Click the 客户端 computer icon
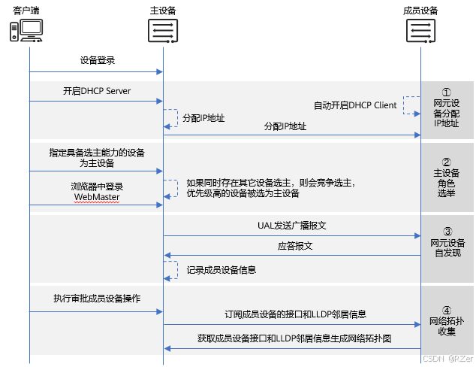[x=26, y=30]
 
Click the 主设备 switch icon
[x=163, y=31]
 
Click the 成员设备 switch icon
[x=420, y=31]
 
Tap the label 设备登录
[x=97, y=59]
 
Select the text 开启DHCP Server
[x=97, y=91]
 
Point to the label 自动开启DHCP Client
[x=355, y=105]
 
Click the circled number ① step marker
[x=447, y=91]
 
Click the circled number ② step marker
[x=447, y=161]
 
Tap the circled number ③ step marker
[x=447, y=232]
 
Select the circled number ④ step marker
[x=447, y=309]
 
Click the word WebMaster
[x=96, y=197]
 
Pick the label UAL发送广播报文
[x=292, y=225]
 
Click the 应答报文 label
[x=292, y=245]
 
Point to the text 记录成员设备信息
[x=223, y=268]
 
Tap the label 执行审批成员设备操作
[x=97, y=299]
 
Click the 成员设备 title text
[x=420, y=10]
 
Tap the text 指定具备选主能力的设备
[x=97, y=152]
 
